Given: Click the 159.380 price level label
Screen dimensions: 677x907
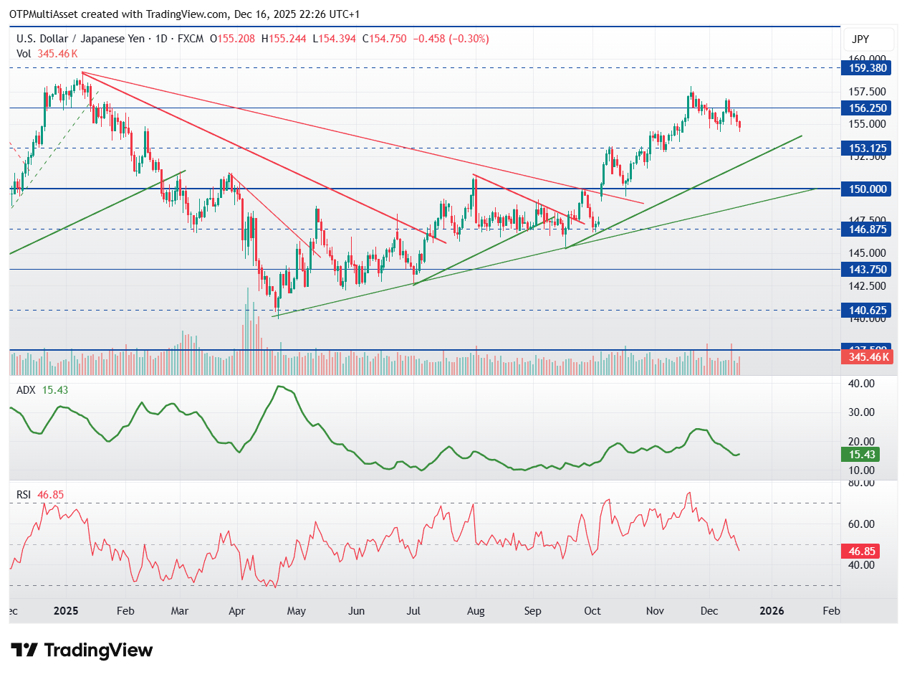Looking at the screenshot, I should [x=868, y=68].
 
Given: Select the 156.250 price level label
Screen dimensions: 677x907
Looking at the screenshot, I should [x=868, y=108].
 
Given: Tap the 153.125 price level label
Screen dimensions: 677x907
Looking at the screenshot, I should [x=868, y=148].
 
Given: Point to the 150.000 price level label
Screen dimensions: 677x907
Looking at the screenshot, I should [x=868, y=189].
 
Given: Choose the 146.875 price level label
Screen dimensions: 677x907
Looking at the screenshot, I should [x=868, y=229].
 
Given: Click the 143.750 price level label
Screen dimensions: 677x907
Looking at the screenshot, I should [x=868, y=270].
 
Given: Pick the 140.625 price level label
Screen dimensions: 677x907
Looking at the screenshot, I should [x=868, y=311].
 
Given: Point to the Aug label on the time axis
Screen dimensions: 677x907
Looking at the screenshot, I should [x=476, y=612].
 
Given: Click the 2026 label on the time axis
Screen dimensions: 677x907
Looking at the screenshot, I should [x=772, y=612].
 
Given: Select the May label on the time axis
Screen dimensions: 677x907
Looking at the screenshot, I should [x=296, y=612].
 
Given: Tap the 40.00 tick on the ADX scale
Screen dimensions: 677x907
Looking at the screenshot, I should [x=860, y=384].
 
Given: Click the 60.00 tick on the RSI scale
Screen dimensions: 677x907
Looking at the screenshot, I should [x=860, y=524].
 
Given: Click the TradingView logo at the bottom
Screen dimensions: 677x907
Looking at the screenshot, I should [x=82, y=650].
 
